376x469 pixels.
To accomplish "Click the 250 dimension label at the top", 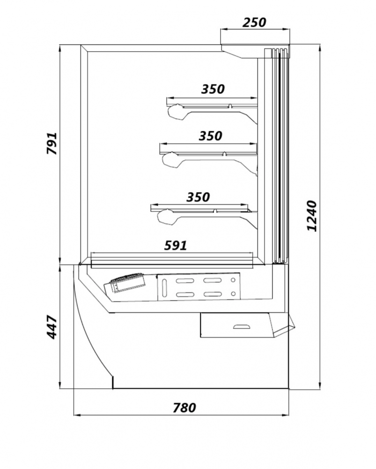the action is (x=254, y=23).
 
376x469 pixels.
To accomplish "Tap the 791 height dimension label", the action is (x=52, y=143).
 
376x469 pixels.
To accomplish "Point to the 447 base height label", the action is (x=52, y=327).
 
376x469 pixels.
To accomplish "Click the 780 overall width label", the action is (x=184, y=408).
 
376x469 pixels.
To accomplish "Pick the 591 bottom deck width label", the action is (x=176, y=245).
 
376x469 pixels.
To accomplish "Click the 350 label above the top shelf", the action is (x=213, y=89).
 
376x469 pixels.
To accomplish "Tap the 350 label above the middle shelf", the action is (x=210, y=136).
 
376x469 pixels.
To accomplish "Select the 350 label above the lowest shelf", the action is (x=198, y=197).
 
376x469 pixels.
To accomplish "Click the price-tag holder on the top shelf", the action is (x=176, y=112).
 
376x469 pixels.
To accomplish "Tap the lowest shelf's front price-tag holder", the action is (x=166, y=217).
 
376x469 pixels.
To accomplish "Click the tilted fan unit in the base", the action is (x=125, y=284).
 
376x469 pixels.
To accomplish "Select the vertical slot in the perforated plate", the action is (x=164, y=287).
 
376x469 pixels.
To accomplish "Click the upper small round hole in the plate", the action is (x=233, y=280).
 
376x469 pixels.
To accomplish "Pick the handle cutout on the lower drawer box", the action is (x=243, y=326).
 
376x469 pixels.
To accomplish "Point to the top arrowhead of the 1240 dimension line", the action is (x=320, y=48).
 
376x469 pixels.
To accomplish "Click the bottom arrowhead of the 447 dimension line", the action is (x=60, y=385).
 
